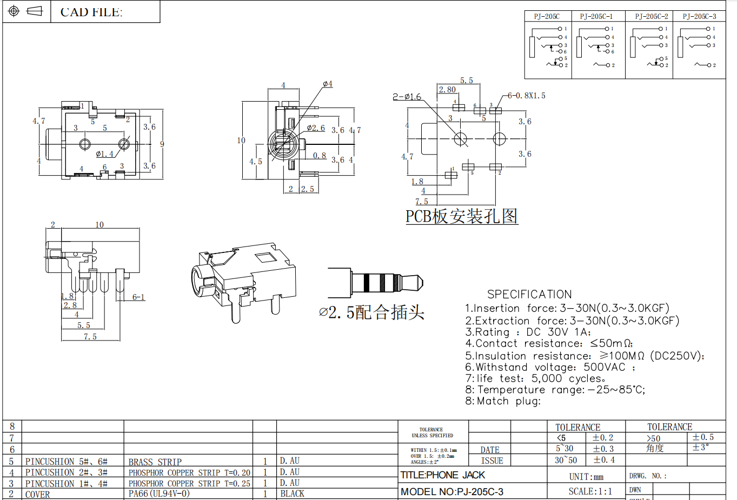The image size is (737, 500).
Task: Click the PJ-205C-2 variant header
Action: [651, 17]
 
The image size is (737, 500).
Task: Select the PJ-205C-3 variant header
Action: [699, 17]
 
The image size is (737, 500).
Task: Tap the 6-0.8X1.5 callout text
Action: [526, 96]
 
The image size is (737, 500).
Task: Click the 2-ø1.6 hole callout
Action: [407, 97]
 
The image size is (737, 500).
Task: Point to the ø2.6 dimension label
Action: [316, 128]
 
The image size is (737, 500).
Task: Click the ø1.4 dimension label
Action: [104, 154]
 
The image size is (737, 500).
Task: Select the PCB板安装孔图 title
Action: [462, 216]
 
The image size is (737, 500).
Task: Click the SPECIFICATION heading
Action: [529, 295]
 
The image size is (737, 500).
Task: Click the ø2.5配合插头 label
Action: [371, 312]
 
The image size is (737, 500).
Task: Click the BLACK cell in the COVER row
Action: [292, 494]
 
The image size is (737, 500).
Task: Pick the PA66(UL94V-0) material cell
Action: [159, 494]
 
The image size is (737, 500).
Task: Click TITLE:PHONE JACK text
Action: [442, 475]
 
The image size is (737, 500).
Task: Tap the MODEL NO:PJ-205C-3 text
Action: [452, 492]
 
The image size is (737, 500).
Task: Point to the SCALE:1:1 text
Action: [590, 491]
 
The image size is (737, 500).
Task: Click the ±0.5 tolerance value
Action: [703, 437]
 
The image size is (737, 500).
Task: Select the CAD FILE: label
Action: [91, 12]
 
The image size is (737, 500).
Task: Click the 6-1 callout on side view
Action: [138, 297]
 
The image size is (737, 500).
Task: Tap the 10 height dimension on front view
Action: [241, 141]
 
